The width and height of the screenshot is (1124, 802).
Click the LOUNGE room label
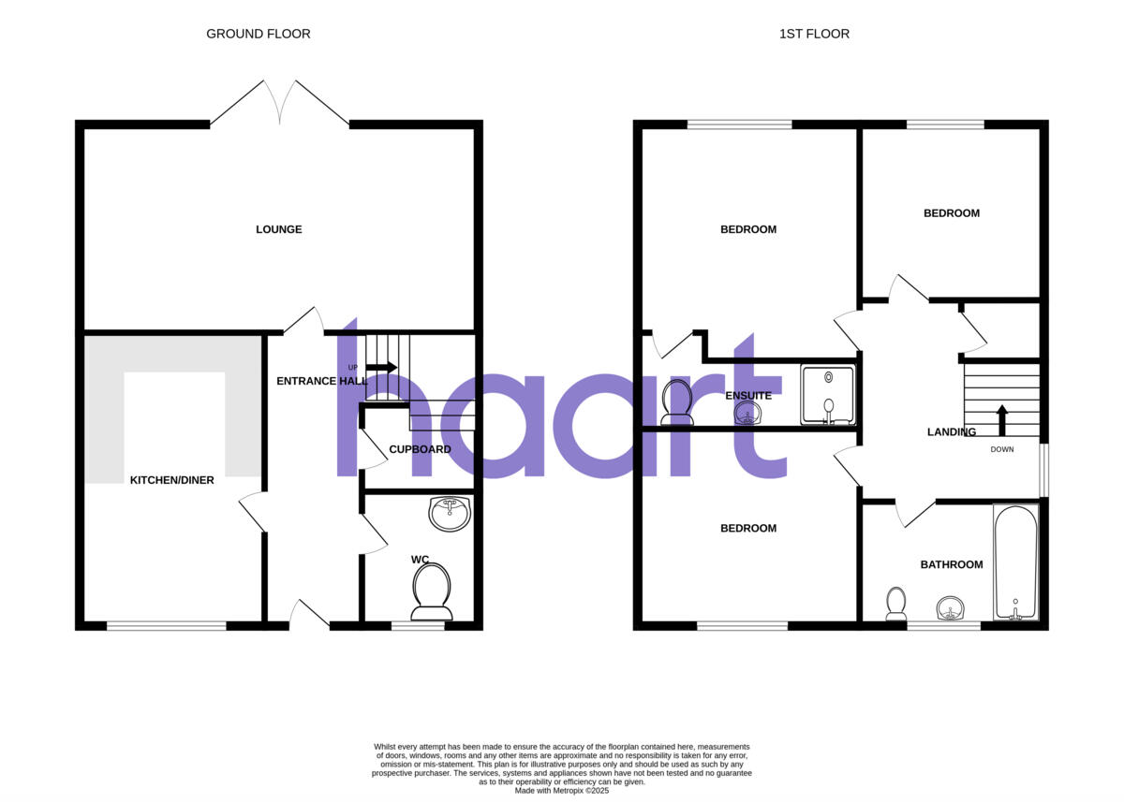coord(279,229)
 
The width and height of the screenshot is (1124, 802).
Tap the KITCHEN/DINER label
coord(171,480)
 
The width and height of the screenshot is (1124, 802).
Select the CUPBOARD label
coord(420,449)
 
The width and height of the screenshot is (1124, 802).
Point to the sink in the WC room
coord(451,513)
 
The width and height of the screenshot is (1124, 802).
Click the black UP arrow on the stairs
coord(381,367)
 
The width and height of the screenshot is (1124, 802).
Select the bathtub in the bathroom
coord(1015,561)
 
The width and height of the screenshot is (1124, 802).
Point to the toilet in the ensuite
coord(676,402)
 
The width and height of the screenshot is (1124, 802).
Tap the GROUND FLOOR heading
coord(259,34)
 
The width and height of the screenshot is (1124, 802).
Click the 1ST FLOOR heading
coord(814,34)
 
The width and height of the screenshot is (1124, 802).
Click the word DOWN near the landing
coord(1002,449)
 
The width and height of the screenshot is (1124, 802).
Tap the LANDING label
coord(952,432)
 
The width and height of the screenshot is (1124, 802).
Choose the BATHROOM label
coord(952,564)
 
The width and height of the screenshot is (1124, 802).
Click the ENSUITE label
coord(749,396)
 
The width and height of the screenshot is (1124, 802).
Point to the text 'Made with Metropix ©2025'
coord(562,791)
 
